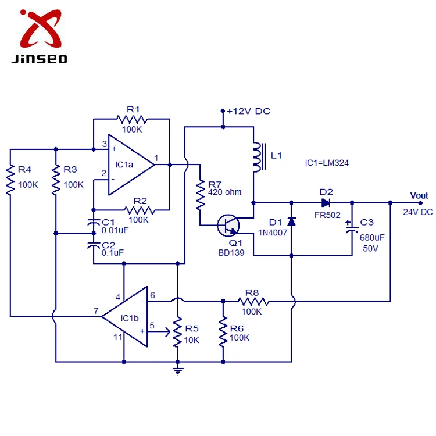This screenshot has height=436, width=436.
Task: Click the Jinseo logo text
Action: pyautogui.click(x=39, y=58)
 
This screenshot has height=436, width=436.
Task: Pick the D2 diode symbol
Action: pyautogui.click(x=326, y=202)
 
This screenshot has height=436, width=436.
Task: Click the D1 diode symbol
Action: pyautogui.click(x=291, y=221)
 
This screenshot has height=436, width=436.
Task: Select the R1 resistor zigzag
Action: pyautogui.click(x=133, y=119)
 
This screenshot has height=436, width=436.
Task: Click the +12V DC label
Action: pyautogui.click(x=248, y=111)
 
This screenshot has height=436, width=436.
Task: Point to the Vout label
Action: pyautogui.click(x=419, y=196)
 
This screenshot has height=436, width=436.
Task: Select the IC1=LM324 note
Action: pyautogui.click(x=327, y=164)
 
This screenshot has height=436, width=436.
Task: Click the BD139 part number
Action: pyautogui.click(x=231, y=253)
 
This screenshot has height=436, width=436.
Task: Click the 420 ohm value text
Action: pyautogui.click(x=226, y=192)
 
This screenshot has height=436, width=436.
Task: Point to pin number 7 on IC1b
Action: pyautogui.click(x=96, y=311)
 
